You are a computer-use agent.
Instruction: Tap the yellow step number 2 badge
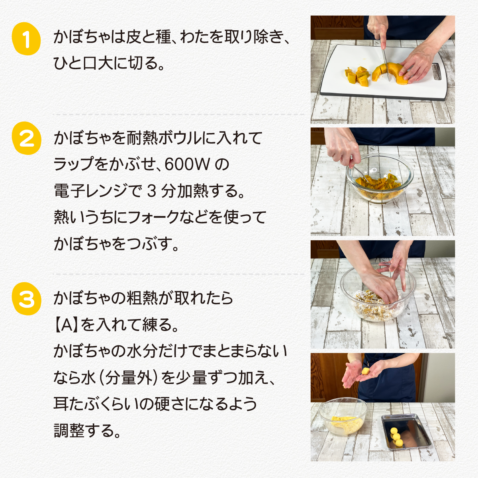(x=27, y=138)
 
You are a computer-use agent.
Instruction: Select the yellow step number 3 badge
(x=27, y=299)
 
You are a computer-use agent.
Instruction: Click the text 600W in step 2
(x=187, y=165)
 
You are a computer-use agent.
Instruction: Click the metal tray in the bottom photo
(x=406, y=432)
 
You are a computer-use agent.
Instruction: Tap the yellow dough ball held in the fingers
(x=365, y=371)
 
